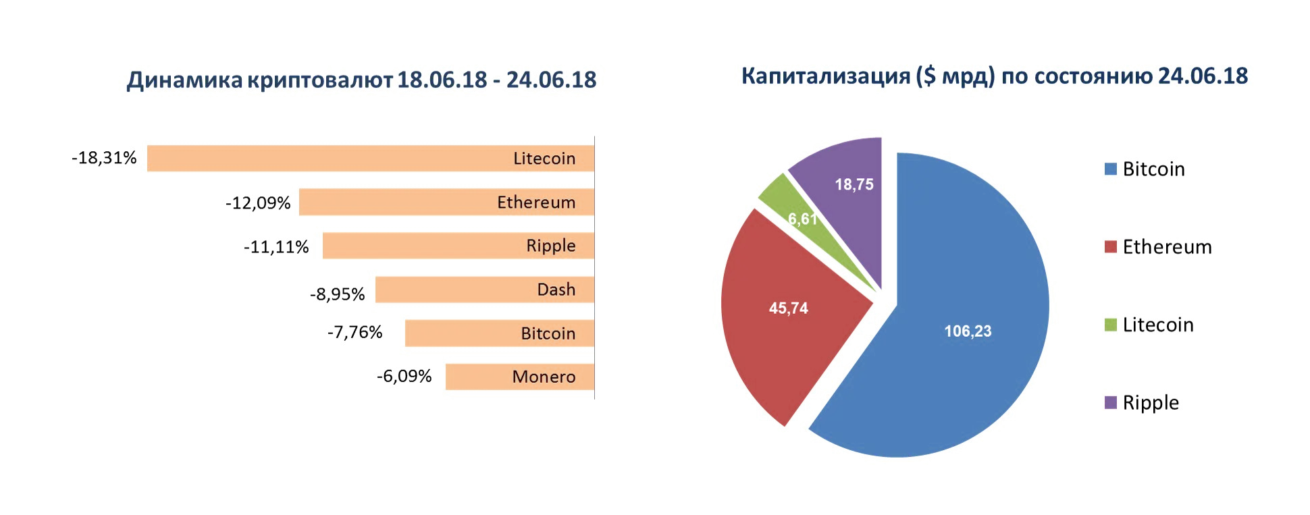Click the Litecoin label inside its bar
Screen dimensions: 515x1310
click(x=544, y=159)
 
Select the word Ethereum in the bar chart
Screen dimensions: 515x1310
click(x=535, y=202)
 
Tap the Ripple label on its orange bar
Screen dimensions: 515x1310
click(x=550, y=246)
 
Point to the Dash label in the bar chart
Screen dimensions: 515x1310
click(x=556, y=290)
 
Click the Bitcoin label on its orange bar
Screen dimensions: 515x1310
click(x=548, y=333)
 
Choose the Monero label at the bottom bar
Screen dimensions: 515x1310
click(x=543, y=377)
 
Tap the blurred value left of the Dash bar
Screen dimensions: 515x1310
click(x=338, y=294)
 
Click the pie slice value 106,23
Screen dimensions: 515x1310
click(x=968, y=331)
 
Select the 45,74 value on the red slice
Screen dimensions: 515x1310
click(x=788, y=308)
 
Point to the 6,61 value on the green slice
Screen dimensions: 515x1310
click(x=802, y=219)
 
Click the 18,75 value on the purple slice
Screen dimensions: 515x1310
click(x=854, y=184)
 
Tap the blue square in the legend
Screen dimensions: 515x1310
click(x=1110, y=169)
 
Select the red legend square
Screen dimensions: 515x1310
click(x=1110, y=248)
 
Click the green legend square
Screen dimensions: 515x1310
click(x=1110, y=325)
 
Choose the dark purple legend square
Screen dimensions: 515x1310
click(x=1110, y=403)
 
